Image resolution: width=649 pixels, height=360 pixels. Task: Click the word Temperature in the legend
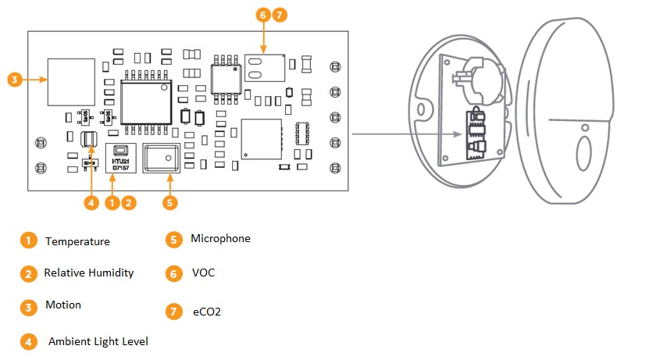[77, 241]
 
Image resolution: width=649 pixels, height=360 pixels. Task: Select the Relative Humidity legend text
[88, 273]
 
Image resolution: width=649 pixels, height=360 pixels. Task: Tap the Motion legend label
[63, 305]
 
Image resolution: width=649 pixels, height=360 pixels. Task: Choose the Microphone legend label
[220, 238]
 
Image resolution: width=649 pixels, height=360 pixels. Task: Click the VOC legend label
[203, 273]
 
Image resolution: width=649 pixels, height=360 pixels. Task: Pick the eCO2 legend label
[207, 312]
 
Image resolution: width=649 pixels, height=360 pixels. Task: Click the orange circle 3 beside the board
[15, 79]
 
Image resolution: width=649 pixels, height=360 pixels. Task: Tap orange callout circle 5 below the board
[170, 202]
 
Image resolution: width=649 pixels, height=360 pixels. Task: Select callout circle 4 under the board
[92, 202]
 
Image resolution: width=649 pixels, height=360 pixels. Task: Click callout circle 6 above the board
[262, 15]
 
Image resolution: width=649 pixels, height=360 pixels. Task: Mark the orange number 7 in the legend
[173, 311]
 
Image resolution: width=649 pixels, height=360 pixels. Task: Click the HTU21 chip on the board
[120, 158]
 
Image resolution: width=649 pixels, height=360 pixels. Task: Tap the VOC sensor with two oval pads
[264, 68]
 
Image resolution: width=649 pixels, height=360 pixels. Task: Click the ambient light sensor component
[89, 140]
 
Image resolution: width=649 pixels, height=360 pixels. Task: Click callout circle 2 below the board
[129, 202]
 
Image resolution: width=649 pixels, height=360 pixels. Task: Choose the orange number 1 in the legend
[28, 241]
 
